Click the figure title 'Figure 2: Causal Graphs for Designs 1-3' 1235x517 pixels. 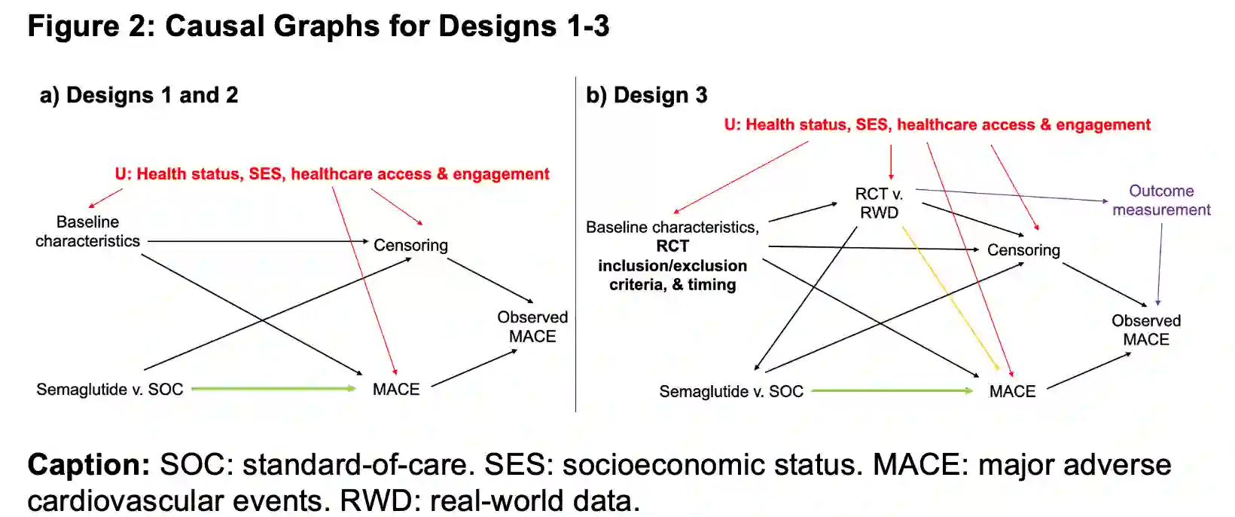(318, 26)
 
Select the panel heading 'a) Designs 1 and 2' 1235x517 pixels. (139, 96)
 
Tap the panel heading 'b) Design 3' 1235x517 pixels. (646, 96)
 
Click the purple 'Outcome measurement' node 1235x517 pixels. (1161, 200)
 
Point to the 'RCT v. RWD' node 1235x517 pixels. (879, 203)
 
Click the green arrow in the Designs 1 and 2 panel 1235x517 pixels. (273, 389)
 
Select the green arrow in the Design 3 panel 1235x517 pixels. (892, 391)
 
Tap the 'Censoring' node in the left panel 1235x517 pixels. (410, 245)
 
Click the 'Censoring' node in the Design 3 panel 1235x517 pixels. (1023, 250)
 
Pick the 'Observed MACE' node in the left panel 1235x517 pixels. (532, 327)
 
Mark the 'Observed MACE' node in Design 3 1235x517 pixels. (1146, 330)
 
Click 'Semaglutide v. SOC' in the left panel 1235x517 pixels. (110, 390)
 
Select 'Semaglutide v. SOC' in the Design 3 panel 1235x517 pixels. (731, 392)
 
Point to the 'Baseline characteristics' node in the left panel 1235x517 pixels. (87, 231)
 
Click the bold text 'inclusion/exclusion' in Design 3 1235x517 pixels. (672, 265)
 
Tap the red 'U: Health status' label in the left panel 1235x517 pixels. (331, 174)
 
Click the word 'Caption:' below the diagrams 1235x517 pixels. (89, 465)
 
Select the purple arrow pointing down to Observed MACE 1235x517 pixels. (1160, 264)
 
